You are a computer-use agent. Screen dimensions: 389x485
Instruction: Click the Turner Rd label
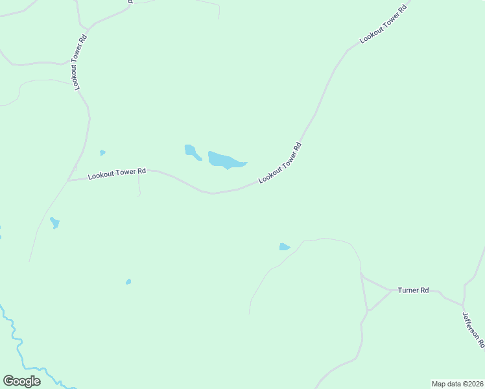point(413,290)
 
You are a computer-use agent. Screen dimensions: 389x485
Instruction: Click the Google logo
point(21,381)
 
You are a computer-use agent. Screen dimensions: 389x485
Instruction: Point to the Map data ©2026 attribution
point(457,384)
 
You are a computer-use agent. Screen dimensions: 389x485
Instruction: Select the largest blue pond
point(225,159)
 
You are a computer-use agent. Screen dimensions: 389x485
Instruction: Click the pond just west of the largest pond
point(191,152)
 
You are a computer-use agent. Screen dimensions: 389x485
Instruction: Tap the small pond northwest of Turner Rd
point(284,246)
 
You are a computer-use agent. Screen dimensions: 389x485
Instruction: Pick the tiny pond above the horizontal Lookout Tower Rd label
point(102,153)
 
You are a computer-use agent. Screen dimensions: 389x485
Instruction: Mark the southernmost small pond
point(128,281)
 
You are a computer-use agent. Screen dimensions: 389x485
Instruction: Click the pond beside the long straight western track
point(54,223)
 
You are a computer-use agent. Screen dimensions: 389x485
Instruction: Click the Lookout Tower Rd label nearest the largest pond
point(280,163)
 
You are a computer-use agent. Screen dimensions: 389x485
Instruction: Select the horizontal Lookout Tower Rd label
point(117,174)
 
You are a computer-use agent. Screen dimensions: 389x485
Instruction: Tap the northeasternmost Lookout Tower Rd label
point(383,23)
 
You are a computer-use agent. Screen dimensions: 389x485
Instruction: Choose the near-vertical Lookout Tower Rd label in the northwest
point(80,62)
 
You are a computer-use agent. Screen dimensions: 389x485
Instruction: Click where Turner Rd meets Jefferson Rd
point(462,305)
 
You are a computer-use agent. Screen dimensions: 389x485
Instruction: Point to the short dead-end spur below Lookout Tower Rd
point(139,187)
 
